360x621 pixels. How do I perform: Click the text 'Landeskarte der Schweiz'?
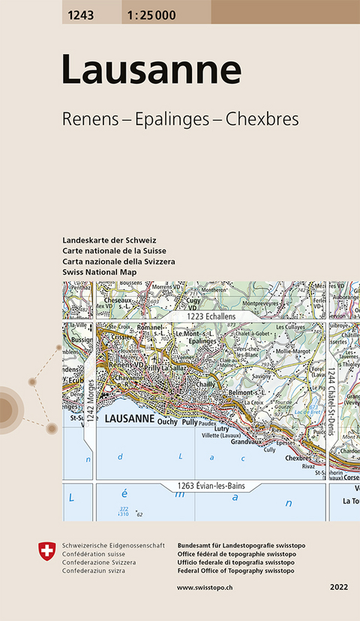click(109, 239)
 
